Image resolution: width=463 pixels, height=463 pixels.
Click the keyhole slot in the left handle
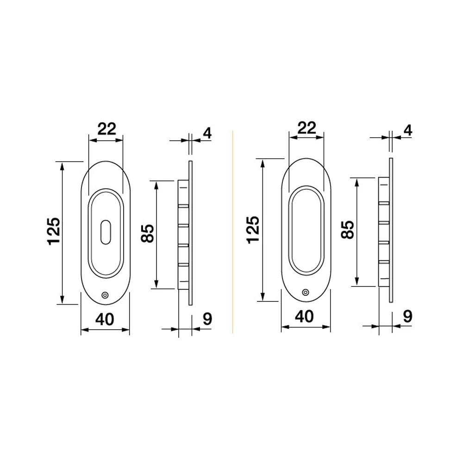(x=106, y=232)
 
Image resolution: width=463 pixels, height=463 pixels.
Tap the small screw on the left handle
(x=105, y=295)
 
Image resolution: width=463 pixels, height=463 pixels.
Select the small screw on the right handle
(x=306, y=292)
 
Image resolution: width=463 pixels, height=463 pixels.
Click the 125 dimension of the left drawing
(x=54, y=231)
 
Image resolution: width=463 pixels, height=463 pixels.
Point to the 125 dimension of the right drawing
(x=253, y=230)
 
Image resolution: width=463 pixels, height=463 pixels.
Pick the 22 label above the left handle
(x=106, y=129)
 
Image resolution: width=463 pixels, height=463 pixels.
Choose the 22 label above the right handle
(x=307, y=128)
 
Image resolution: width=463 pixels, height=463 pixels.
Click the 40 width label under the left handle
(x=105, y=319)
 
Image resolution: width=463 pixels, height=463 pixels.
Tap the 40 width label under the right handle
(x=305, y=317)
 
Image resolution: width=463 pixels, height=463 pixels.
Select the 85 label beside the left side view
(x=147, y=233)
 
